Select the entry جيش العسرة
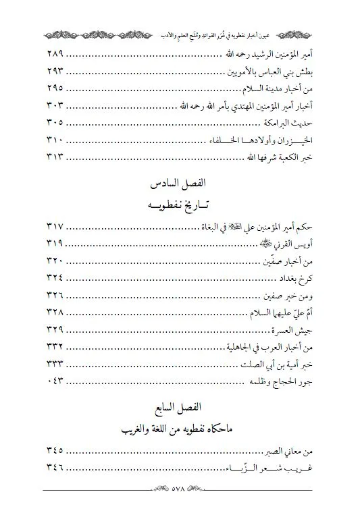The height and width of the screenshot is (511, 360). (x=291, y=330)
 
